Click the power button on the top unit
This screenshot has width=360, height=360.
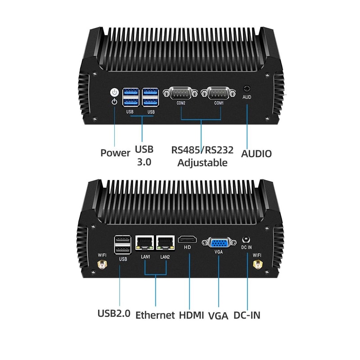coord(115,93)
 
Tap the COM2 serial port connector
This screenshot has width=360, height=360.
coord(180,94)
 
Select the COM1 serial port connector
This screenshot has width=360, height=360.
coord(219,94)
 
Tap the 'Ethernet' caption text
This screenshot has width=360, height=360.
coord(155,315)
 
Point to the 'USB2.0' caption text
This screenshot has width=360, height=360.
coord(114,313)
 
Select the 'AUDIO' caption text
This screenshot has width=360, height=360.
coord(256,153)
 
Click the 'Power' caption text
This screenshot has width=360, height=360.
coord(115,153)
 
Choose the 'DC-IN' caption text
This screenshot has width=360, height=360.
coord(247,315)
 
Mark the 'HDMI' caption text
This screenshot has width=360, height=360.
coord(191,315)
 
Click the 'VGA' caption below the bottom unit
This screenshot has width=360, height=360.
coord(218,315)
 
